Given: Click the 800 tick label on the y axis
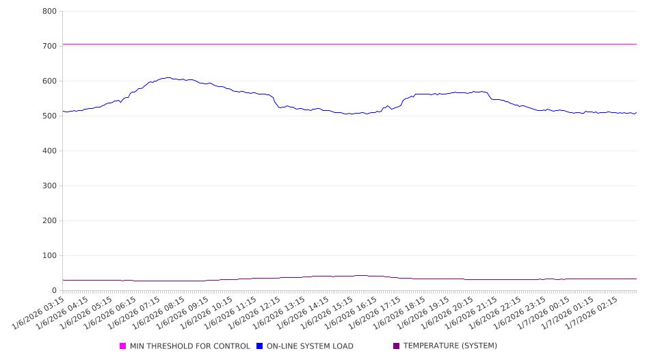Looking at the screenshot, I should (49, 11).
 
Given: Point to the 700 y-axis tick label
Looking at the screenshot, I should (49, 46).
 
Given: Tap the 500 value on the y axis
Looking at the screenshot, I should (49, 116).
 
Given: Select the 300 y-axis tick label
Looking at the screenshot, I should (49, 185).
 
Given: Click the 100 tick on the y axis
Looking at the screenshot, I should (49, 255).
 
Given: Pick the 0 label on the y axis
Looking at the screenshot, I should (53, 290).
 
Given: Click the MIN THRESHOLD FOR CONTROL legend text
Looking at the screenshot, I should (189, 346).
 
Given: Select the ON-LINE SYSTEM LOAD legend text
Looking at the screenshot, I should (310, 346).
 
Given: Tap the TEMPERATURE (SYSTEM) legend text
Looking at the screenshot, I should (450, 346).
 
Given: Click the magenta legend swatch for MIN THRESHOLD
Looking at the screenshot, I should (123, 346).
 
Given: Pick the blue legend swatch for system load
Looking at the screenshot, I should (260, 346).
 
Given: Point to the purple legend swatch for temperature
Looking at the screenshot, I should (397, 346).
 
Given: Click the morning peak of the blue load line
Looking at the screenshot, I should (168, 77).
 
